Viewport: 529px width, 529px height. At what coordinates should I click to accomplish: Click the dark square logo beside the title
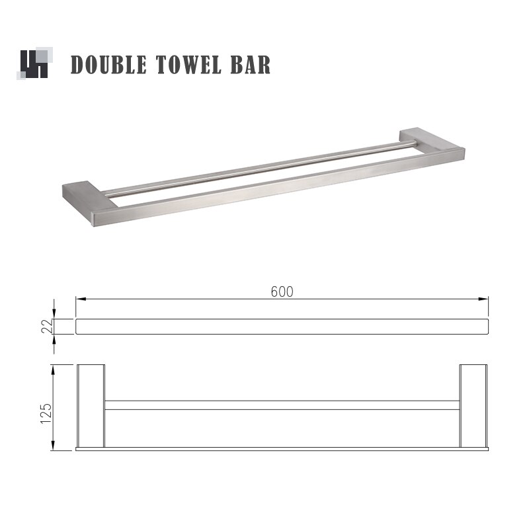[33, 64]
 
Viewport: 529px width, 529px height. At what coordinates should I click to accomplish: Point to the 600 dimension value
[282, 292]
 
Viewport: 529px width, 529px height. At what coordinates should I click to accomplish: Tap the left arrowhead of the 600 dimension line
[79, 299]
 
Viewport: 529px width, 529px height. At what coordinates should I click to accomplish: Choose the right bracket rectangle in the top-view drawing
[473, 405]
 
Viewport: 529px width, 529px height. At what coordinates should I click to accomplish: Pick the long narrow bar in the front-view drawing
[282, 327]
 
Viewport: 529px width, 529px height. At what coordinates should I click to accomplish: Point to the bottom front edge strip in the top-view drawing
[282, 448]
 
